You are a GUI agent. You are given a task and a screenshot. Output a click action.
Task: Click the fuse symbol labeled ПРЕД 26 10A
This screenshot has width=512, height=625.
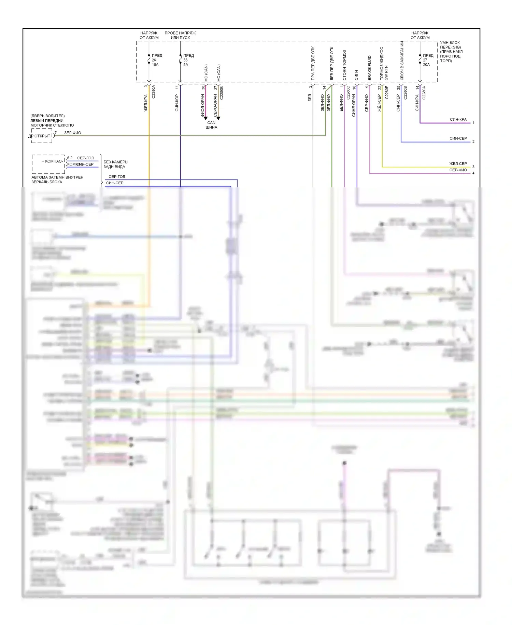tap(149, 60)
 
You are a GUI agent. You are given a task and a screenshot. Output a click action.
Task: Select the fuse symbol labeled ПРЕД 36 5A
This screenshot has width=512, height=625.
tap(181, 60)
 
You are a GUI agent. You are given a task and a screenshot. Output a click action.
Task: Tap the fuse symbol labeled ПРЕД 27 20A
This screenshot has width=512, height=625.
tap(420, 60)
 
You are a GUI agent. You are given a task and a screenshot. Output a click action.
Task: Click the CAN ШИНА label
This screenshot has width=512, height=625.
tap(211, 125)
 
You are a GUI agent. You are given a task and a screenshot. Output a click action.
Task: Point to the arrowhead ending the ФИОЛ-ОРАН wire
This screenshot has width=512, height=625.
tap(205, 118)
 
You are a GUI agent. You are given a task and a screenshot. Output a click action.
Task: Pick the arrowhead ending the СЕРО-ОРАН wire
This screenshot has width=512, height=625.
tap(218, 118)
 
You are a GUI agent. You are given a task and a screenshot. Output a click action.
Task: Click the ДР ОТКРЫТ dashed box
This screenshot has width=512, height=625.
tap(42, 136)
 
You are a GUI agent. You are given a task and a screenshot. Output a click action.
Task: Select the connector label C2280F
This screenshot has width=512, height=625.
tap(387, 92)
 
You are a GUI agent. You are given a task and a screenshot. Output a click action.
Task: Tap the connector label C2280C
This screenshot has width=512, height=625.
tap(348, 92)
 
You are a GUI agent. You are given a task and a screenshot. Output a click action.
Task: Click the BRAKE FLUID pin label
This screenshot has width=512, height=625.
tap(369, 68)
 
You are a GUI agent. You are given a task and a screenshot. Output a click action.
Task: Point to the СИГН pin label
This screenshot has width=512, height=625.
tap(356, 75)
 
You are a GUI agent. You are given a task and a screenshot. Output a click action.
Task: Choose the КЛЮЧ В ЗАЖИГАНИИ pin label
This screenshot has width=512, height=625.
tap(402, 61)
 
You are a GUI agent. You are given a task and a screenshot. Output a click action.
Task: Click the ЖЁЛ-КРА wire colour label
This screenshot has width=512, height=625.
tap(146, 103)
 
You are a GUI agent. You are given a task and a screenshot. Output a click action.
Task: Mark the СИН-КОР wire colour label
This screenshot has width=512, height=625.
tap(177, 103)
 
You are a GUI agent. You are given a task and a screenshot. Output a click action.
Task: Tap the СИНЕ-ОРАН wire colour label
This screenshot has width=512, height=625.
tap(354, 106)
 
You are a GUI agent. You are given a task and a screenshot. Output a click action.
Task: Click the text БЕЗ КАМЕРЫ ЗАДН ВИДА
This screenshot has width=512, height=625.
tap(116, 164)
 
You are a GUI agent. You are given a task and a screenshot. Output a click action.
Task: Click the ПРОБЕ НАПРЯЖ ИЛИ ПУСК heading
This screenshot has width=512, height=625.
tap(180, 35)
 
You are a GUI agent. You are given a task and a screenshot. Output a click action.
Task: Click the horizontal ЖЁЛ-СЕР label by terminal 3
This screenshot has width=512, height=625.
tap(458, 164)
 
